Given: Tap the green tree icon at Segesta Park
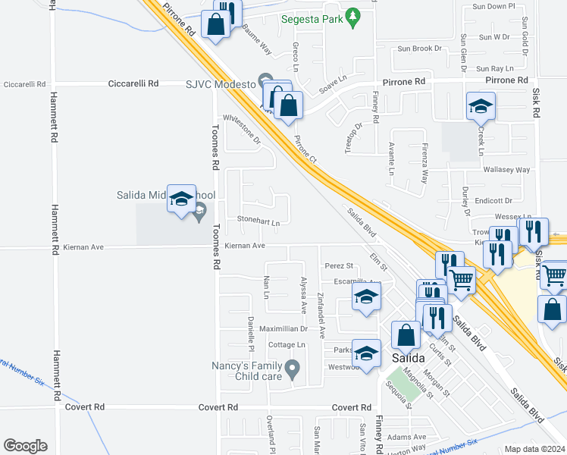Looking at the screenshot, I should pos(352,17).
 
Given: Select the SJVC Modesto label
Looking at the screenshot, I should pos(220,83).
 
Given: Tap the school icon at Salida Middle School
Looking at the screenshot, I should pos(181,199).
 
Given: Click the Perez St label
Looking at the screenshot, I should pos(339,266).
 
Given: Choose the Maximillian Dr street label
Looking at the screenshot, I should pos(283,329).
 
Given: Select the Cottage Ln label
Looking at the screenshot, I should pos(287,344).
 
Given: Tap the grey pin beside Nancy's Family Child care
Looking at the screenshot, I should pos(296,369).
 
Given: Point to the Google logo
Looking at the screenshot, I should pos(25,445).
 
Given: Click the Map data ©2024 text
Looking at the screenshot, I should pos(534,449).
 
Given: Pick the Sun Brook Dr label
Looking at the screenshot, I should pos(419,49).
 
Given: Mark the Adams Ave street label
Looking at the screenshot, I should pos(408,437).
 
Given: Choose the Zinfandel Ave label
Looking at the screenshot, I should pos(321,315).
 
